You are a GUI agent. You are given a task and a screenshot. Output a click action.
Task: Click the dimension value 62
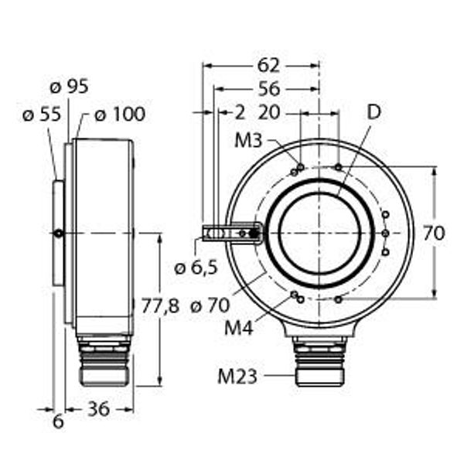[268, 64]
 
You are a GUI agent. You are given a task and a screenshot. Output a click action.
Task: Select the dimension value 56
[268, 88]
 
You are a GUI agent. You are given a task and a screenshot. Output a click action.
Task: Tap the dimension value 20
[268, 112]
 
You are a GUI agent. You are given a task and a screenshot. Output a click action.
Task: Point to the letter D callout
[374, 112]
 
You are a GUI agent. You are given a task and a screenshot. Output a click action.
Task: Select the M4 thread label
[239, 327]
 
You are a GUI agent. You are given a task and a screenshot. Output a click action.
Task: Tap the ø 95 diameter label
[67, 87]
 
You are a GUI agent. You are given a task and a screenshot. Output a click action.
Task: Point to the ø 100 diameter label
[119, 114]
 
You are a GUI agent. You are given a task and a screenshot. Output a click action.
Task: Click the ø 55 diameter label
[41, 114]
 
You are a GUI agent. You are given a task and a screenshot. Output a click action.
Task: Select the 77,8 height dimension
[160, 305]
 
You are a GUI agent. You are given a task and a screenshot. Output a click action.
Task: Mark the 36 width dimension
[98, 409]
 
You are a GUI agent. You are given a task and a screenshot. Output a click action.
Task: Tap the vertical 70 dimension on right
[435, 233]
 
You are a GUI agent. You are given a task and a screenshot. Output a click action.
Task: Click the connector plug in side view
[104, 360]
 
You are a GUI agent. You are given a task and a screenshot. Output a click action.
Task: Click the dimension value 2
[240, 112]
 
